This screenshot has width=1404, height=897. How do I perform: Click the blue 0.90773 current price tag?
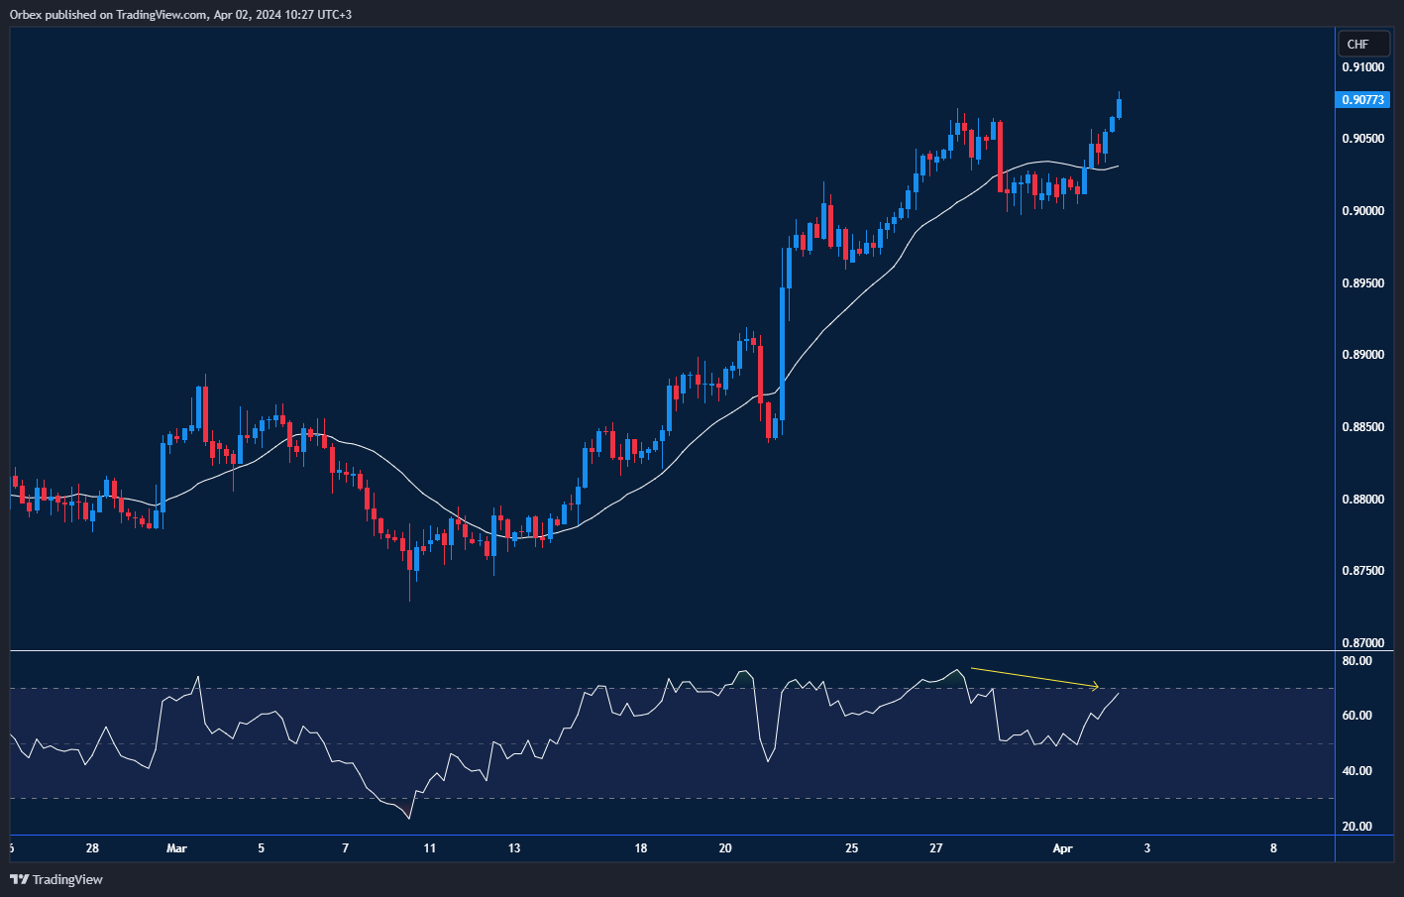pyautogui.click(x=1363, y=100)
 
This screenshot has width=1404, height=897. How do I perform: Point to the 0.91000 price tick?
pyautogui.click(x=1363, y=67)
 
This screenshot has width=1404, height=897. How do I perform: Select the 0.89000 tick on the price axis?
pyautogui.click(x=1363, y=355)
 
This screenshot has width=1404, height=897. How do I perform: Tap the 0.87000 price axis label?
pyautogui.click(x=1363, y=643)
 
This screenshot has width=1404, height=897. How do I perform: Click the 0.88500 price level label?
pyautogui.click(x=1363, y=427)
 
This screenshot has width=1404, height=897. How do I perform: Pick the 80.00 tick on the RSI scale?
pyautogui.click(x=1357, y=661)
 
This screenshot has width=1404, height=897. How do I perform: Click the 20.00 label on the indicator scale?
pyautogui.click(x=1357, y=827)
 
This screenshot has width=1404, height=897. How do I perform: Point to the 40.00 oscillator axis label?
pyautogui.click(x=1357, y=771)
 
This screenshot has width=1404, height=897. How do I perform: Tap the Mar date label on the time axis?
pyautogui.click(x=176, y=848)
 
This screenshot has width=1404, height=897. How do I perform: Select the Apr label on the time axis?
pyautogui.click(x=1062, y=848)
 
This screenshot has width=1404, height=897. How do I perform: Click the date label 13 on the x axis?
pyautogui.click(x=514, y=848)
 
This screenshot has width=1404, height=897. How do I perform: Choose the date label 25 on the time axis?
pyautogui.click(x=852, y=848)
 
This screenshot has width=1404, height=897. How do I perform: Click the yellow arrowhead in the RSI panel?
pyautogui.click(x=1095, y=686)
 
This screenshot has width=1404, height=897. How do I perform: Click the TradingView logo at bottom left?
pyautogui.click(x=56, y=879)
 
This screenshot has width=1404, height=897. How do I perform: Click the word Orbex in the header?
pyautogui.click(x=25, y=14)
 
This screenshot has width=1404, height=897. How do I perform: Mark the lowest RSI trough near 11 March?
pyautogui.click(x=409, y=818)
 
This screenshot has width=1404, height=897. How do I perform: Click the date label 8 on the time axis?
pyautogui.click(x=1273, y=848)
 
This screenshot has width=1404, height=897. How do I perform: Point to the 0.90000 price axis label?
pyautogui.click(x=1363, y=211)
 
